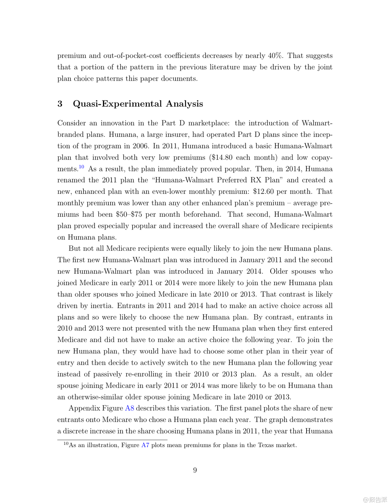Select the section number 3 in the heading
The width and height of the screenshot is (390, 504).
pyautogui.click(x=60, y=104)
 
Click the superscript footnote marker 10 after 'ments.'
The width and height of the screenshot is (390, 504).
pyautogui.click(x=81, y=167)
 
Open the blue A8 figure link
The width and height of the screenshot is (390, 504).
pyautogui.click(x=130, y=408)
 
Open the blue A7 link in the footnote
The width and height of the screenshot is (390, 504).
pyautogui.click(x=145, y=445)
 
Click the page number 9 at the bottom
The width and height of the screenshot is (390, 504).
pyautogui.click(x=195, y=470)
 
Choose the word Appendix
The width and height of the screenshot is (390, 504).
pyautogui.click(x=84, y=408)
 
